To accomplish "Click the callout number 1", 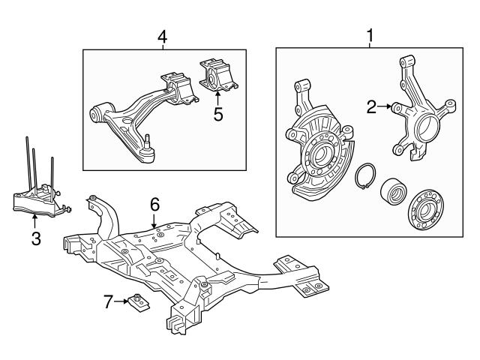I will point(369,35).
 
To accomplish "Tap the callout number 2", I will point(371,107).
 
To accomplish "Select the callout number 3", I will point(35,239).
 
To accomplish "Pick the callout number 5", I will point(218,114).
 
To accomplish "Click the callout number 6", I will point(154,203).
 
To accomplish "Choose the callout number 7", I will point(108,301).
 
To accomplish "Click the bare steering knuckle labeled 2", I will point(420,112).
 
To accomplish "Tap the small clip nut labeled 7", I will point(137,301).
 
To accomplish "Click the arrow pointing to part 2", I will point(386,107).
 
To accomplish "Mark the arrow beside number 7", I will point(121,301).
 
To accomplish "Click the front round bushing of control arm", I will point(97,113).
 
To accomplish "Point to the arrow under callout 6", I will point(154,219).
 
